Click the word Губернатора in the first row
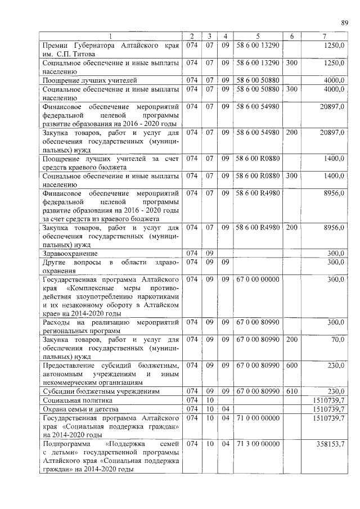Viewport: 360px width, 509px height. pos(115,45)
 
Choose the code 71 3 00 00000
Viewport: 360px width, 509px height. pos(258,444)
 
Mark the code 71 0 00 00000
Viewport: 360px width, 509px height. pos(258,418)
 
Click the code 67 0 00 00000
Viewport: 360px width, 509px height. pos(258,279)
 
